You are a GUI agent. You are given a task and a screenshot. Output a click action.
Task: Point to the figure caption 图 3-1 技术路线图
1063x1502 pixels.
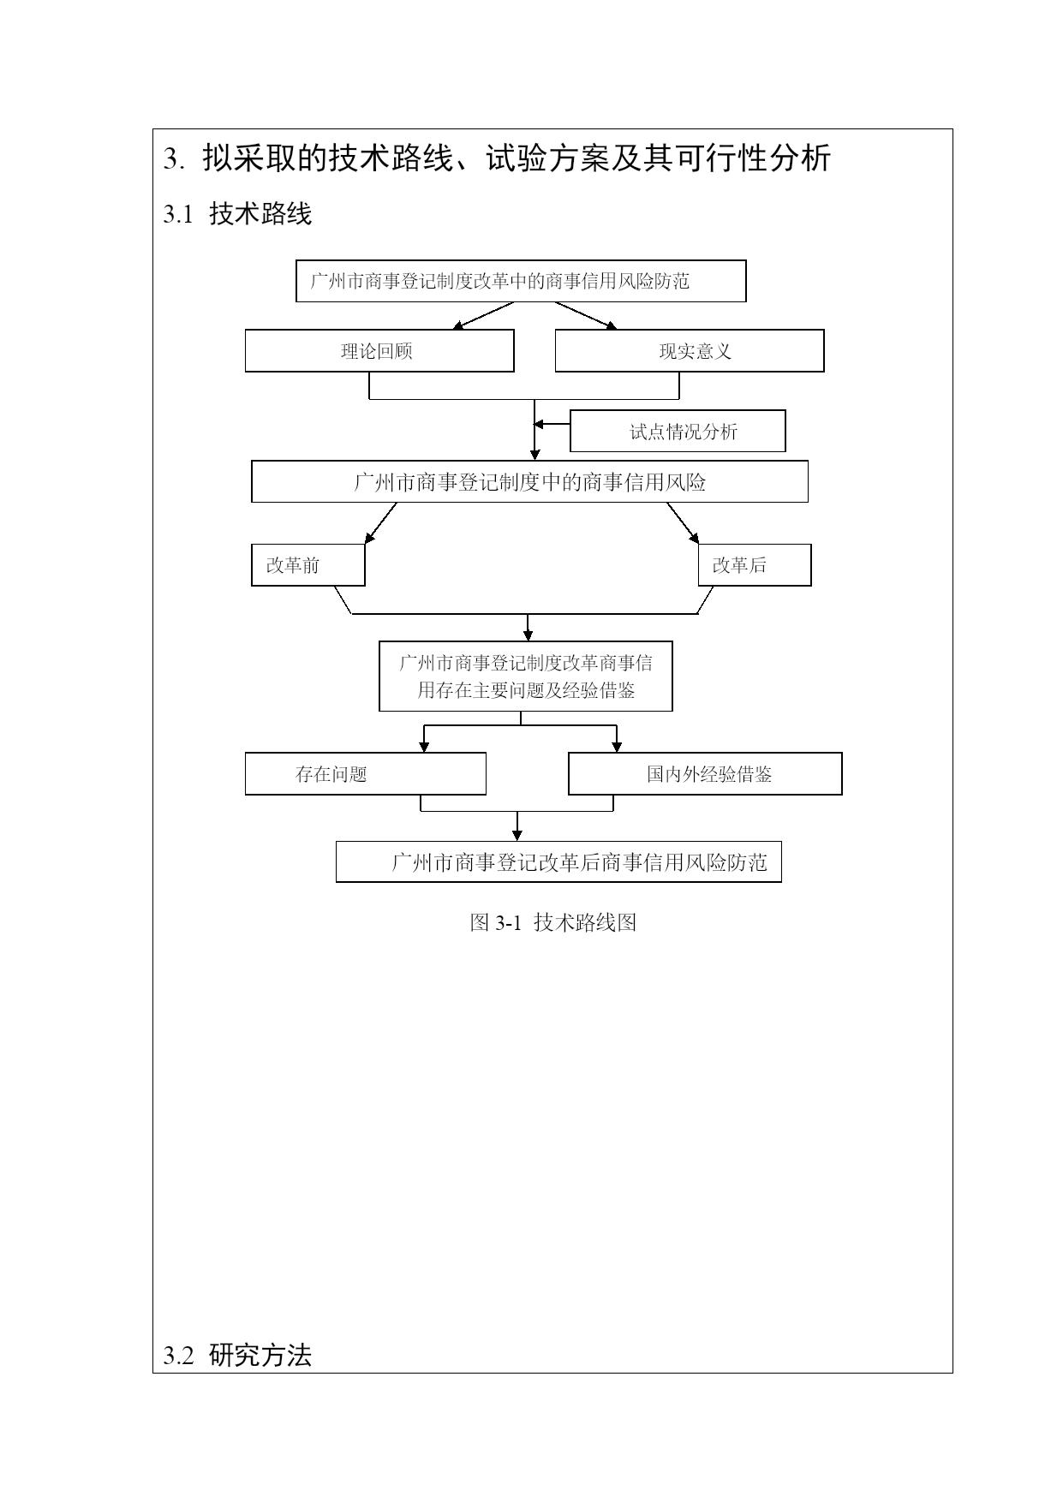[553, 922]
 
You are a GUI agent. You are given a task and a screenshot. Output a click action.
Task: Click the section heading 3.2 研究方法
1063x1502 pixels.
[237, 1356]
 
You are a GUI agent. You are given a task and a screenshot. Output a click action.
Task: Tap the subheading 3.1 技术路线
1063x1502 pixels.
[237, 213]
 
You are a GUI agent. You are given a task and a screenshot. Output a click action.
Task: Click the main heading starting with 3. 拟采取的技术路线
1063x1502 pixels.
[497, 158]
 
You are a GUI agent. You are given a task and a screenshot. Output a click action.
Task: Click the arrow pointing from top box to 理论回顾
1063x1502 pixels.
[483, 316]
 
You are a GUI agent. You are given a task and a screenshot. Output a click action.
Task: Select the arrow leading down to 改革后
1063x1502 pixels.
[683, 523]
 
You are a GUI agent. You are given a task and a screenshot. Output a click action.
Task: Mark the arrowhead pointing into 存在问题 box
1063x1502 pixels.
[424, 748]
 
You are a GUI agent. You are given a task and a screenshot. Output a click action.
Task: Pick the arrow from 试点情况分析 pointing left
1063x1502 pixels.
[552, 424]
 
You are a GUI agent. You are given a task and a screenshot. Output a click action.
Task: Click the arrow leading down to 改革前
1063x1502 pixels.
[381, 523]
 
